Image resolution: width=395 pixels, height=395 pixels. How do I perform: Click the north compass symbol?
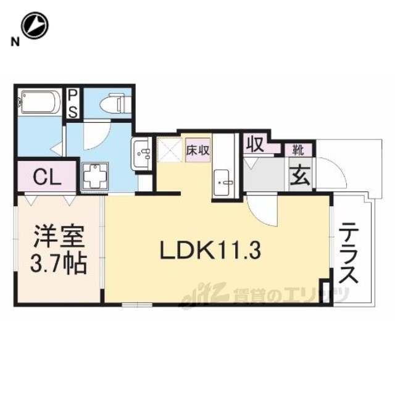click(x=35, y=26)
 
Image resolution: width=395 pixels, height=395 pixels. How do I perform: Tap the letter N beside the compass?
click(x=15, y=42)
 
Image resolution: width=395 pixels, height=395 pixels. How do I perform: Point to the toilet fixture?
click(x=113, y=103)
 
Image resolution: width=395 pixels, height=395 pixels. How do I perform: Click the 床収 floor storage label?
click(x=197, y=150)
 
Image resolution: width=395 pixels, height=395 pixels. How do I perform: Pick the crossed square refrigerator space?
click(x=170, y=149)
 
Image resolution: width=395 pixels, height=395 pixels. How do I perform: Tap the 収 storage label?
click(x=255, y=144)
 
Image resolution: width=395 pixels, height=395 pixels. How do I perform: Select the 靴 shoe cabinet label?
click(x=297, y=150)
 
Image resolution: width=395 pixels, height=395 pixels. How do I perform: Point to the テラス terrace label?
click(x=348, y=254)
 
